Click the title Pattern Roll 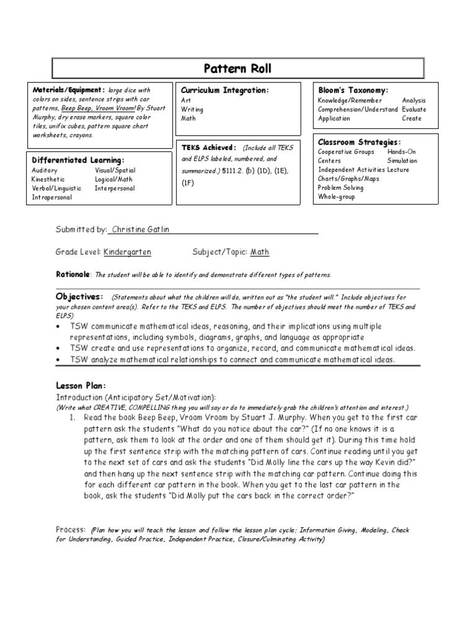pos(238,68)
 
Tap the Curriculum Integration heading pos(224,91)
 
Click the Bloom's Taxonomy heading pos(353,91)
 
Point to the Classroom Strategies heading pos(359,142)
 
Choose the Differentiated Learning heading pos(78,160)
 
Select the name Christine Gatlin pos(140,229)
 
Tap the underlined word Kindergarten pos(127,252)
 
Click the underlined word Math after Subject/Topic pos(260,252)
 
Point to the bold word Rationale pos(73,275)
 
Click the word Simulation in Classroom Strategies pos(403,161)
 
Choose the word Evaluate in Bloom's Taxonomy pos(414,109)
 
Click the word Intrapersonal pos(52,198)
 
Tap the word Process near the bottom pos(70,530)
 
